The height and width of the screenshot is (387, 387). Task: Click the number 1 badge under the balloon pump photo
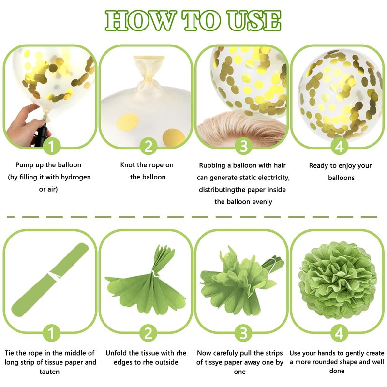52,146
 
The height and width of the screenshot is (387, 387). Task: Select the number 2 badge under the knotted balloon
148,146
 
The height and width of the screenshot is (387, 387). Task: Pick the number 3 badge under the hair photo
243,146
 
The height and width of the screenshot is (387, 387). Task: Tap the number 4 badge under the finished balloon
339,146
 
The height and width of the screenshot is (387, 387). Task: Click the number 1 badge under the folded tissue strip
52,333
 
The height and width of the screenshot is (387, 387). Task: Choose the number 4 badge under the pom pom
339,333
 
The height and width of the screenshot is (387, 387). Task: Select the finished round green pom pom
337,280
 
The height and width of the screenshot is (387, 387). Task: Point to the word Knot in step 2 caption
128,165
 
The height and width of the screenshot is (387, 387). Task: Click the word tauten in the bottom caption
50,372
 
